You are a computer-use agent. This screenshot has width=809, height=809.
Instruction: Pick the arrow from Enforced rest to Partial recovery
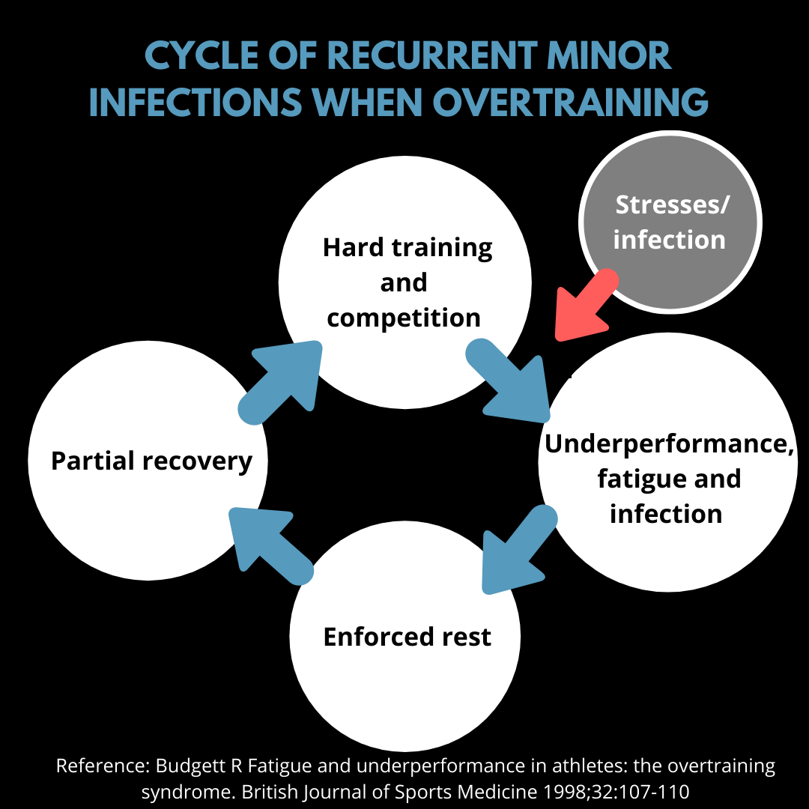pyautogui.click(x=270, y=545)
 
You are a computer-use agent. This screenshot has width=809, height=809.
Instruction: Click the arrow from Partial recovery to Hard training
pyautogui.click(x=281, y=381)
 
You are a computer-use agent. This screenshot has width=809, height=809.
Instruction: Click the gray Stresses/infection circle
pyautogui.click(x=670, y=222)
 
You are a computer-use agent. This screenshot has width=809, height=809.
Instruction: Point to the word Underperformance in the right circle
pyautogui.click(x=669, y=444)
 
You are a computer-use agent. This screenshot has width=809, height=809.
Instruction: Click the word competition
pyautogui.click(x=404, y=318)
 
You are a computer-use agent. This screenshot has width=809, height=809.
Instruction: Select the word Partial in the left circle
pyautogui.click(x=93, y=460)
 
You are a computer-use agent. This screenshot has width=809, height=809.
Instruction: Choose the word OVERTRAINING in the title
pyautogui.click(x=571, y=102)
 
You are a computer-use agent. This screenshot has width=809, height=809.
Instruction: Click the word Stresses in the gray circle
pyautogui.click(x=667, y=204)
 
